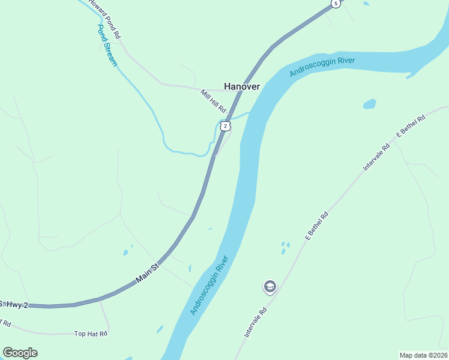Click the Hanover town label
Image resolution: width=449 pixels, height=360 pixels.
(x=242, y=86)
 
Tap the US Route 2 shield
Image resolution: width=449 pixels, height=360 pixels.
(x=224, y=125)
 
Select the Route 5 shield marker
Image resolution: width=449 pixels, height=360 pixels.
(x=336, y=4)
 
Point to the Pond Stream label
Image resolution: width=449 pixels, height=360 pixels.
(x=107, y=45)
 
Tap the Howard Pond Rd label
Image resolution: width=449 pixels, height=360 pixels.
(x=105, y=18)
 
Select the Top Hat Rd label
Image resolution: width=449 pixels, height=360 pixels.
(x=90, y=334)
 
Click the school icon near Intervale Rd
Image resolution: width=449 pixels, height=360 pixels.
(x=270, y=287)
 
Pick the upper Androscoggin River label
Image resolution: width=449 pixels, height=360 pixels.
(x=322, y=67)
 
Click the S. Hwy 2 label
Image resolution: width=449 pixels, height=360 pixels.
(x=14, y=305)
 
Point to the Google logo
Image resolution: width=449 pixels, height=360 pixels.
(x=20, y=353)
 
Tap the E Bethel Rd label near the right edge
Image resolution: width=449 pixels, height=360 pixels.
(x=411, y=127)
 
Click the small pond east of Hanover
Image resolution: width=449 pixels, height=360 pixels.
(x=369, y=104)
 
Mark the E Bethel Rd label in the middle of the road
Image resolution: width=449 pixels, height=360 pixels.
(x=316, y=226)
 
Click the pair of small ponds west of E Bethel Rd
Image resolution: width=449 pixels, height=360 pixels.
(x=285, y=248)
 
